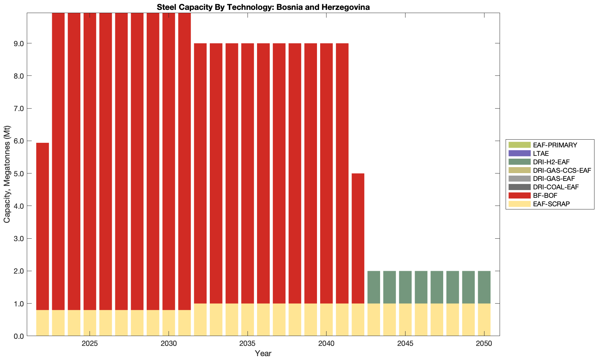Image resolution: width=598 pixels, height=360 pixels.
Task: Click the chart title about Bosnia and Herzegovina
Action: [x=263, y=7]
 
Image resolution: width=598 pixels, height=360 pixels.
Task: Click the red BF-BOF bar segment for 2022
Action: [x=42, y=226]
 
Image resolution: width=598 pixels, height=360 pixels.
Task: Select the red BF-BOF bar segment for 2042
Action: [x=358, y=238]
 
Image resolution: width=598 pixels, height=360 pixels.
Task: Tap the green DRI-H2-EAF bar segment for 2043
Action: [x=374, y=287]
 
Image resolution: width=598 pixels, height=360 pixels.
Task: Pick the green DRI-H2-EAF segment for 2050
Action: [x=484, y=287]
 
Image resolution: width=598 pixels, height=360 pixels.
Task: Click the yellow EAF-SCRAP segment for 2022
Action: [x=42, y=323]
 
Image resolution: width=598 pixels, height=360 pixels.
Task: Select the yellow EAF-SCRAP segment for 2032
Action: [x=200, y=319]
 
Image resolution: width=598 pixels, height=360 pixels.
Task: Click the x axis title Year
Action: [x=263, y=353]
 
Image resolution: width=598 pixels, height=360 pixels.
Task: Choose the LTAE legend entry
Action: [x=541, y=153]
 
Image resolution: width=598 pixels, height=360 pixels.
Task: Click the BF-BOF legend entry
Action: [x=545, y=195]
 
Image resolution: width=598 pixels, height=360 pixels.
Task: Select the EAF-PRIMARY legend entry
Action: [x=555, y=145]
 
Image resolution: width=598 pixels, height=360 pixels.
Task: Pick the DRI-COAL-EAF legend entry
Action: [x=556, y=187]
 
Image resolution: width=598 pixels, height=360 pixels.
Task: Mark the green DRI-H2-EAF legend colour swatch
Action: [x=519, y=162]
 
